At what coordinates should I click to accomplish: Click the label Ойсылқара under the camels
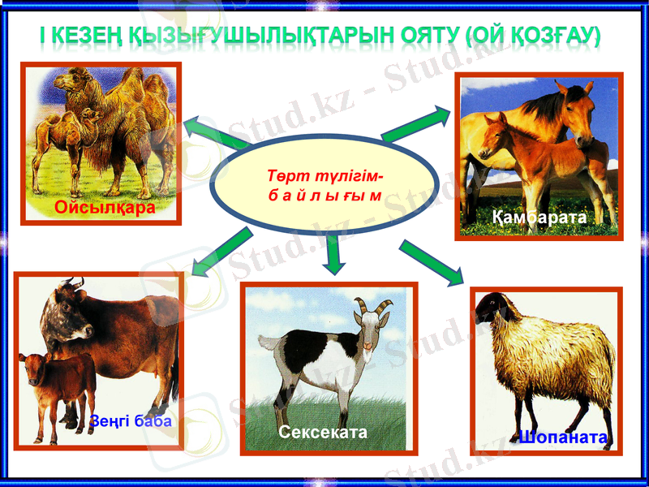tap(105, 208)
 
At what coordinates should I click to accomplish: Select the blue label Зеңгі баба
tap(131, 422)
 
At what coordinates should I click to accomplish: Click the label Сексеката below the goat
tap(323, 433)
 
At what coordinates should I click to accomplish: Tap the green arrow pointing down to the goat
tap(333, 254)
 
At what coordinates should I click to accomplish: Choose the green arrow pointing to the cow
tap(221, 252)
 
